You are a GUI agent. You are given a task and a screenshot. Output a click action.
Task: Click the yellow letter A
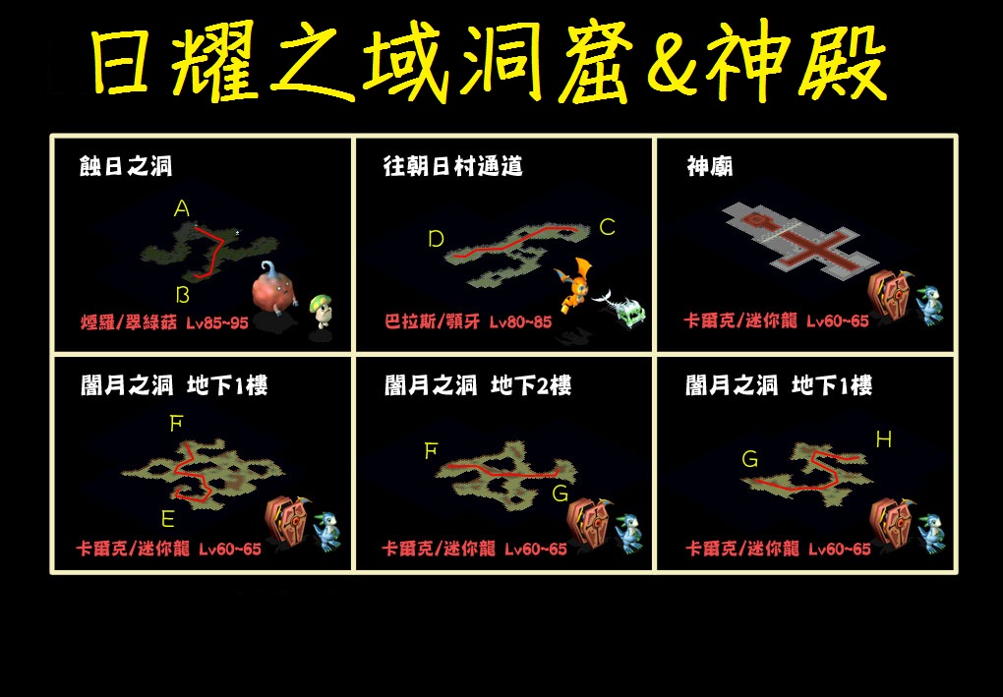tap(182, 209)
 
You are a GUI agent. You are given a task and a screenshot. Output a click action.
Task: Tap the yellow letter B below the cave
tap(183, 295)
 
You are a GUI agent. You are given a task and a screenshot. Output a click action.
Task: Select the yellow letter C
tap(607, 227)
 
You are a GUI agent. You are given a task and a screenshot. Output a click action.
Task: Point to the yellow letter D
tap(437, 239)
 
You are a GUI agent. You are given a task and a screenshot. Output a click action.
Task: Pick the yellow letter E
tap(167, 519)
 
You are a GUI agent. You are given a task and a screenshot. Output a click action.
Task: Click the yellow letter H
tap(883, 439)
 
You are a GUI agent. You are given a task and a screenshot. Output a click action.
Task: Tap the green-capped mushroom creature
tap(322, 312)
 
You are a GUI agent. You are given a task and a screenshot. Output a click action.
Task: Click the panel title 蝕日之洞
tap(126, 166)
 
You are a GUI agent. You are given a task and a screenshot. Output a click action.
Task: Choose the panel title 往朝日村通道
tap(453, 166)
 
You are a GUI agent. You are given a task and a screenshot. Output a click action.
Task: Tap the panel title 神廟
tap(709, 166)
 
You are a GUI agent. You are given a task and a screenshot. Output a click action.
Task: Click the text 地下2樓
tap(531, 385)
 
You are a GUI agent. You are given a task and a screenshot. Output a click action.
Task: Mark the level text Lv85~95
tap(217, 322)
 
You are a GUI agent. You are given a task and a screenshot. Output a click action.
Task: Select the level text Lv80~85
tap(521, 321)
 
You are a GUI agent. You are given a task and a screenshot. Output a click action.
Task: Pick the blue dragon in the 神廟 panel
tap(929, 306)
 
